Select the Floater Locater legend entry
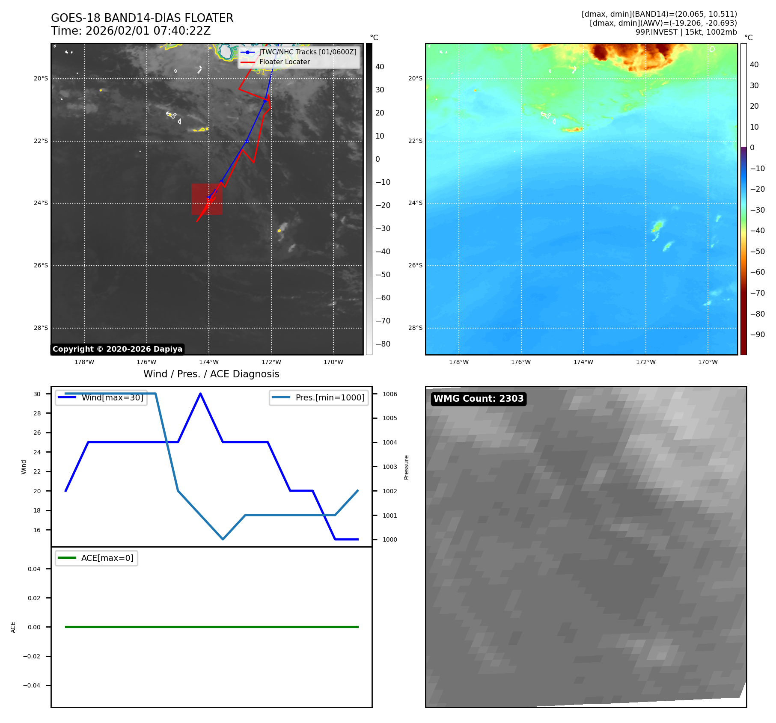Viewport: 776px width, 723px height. (284, 62)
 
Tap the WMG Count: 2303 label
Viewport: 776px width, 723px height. (478, 399)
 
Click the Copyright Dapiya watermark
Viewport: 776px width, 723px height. (117, 349)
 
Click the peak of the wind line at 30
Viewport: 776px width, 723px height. (200, 394)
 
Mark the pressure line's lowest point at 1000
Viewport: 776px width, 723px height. (223, 539)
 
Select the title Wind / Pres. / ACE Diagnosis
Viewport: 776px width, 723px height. (211, 374)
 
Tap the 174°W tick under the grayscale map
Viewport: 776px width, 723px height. (209, 362)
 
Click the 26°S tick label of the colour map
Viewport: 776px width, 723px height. (415, 265)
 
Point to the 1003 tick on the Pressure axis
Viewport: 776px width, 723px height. (389, 467)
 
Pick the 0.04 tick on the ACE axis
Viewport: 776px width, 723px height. (34, 569)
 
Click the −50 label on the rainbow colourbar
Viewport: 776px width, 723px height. (757, 252)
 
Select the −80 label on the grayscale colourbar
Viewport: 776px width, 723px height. (383, 344)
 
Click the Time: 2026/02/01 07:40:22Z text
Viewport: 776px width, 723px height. (131, 31)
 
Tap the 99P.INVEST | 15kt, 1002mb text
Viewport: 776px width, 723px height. (686, 32)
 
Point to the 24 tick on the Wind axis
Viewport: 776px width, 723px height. (37, 452)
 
